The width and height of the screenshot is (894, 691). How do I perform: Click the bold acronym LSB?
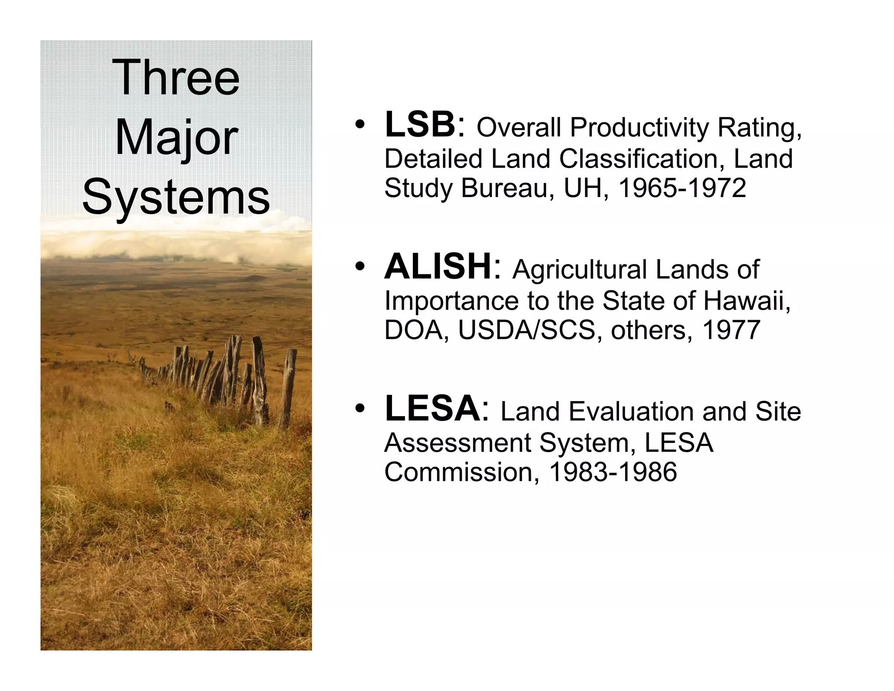pyautogui.click(x=420, y=125)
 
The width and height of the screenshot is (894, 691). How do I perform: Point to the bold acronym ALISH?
pyautogui.click(x=438, y=267)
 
